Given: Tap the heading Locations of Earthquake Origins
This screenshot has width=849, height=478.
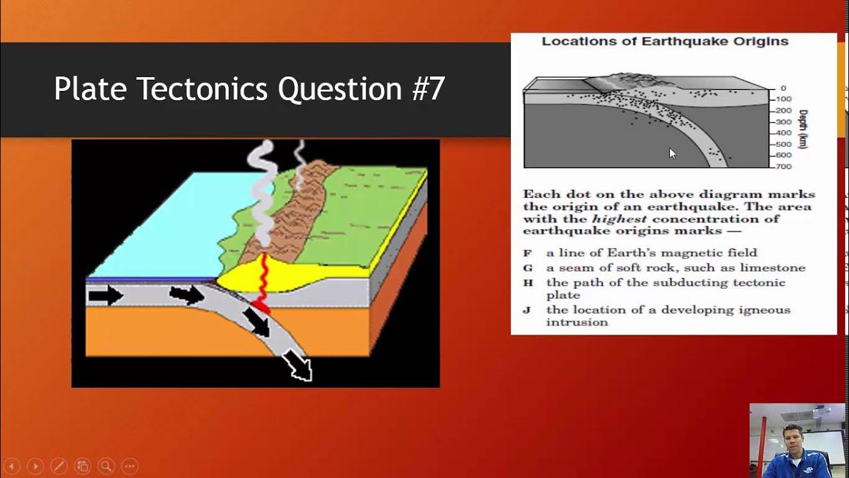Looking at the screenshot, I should click(665, 41).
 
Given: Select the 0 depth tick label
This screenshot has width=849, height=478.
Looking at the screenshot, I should click(783, 88).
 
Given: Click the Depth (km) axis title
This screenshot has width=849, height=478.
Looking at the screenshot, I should click(804, 129).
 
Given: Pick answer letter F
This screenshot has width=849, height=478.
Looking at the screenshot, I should click(528, 253).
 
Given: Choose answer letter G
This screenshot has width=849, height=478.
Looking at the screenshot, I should click(528, 268).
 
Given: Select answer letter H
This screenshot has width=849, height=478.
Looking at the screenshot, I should click(528, 283).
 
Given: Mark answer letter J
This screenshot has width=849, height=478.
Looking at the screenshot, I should click(527, 310).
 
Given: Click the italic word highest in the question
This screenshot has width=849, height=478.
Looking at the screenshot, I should click(619, 219).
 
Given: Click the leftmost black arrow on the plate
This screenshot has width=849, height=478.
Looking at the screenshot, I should click(105, 295).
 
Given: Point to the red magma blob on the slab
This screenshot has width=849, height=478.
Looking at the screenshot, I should click(259, 308).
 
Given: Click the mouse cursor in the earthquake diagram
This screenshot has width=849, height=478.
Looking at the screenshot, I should click(673, 153).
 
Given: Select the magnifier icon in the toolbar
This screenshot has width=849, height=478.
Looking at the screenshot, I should click(105, 466).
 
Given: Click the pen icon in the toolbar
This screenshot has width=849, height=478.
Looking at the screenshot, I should click(58, 466).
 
